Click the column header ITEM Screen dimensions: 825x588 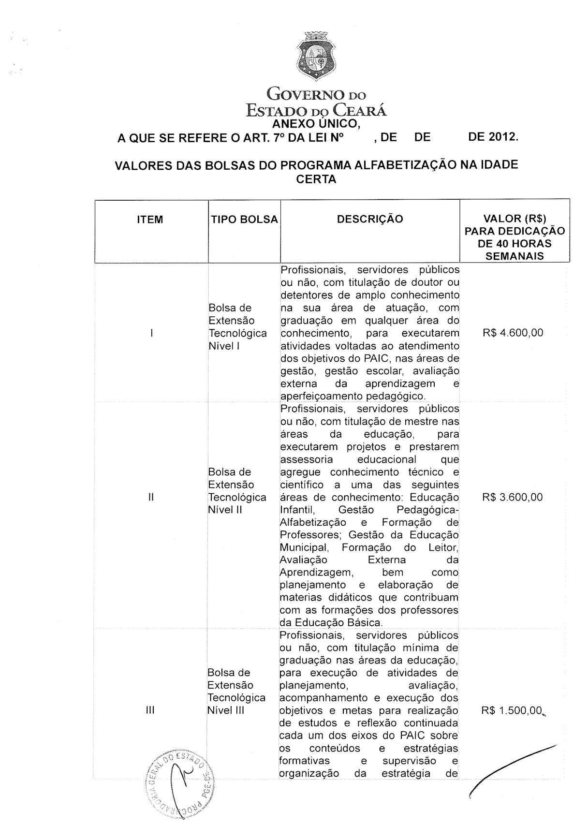[150, 220]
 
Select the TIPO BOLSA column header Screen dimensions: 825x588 [244, 220]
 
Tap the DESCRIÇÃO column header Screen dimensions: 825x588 [369, 219]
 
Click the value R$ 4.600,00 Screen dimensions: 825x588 [513, 333]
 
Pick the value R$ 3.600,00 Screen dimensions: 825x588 [513, 497]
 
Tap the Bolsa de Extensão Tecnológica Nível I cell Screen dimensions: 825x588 [237, 327]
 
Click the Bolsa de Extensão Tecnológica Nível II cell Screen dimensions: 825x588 [237, 491]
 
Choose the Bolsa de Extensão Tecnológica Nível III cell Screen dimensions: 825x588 [236, 692]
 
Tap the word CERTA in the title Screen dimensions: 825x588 [316, 179]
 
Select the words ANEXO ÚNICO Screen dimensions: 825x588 [316, 125]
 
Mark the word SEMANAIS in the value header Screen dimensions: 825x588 [514, 256]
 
